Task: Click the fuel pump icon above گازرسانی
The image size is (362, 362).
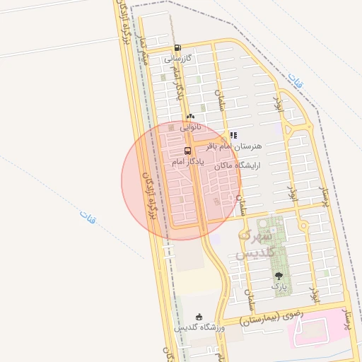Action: tap(177, 47)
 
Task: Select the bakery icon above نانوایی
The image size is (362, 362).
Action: tap(189, 117)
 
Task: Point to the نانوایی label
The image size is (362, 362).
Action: tap(191, 127)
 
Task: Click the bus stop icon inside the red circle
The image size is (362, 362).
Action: tap(187, 151)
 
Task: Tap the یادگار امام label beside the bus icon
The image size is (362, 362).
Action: tap(188, 162)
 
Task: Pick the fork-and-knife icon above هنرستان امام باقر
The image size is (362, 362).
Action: tap(234, 135)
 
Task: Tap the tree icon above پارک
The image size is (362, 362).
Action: tap(280, 276)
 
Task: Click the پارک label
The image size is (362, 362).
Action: tap(280, 287)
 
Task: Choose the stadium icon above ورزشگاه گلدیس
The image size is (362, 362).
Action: tap(199, 317)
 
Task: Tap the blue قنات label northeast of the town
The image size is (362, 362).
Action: tap(296, 80)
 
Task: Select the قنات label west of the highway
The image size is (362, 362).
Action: tap(87, 216)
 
